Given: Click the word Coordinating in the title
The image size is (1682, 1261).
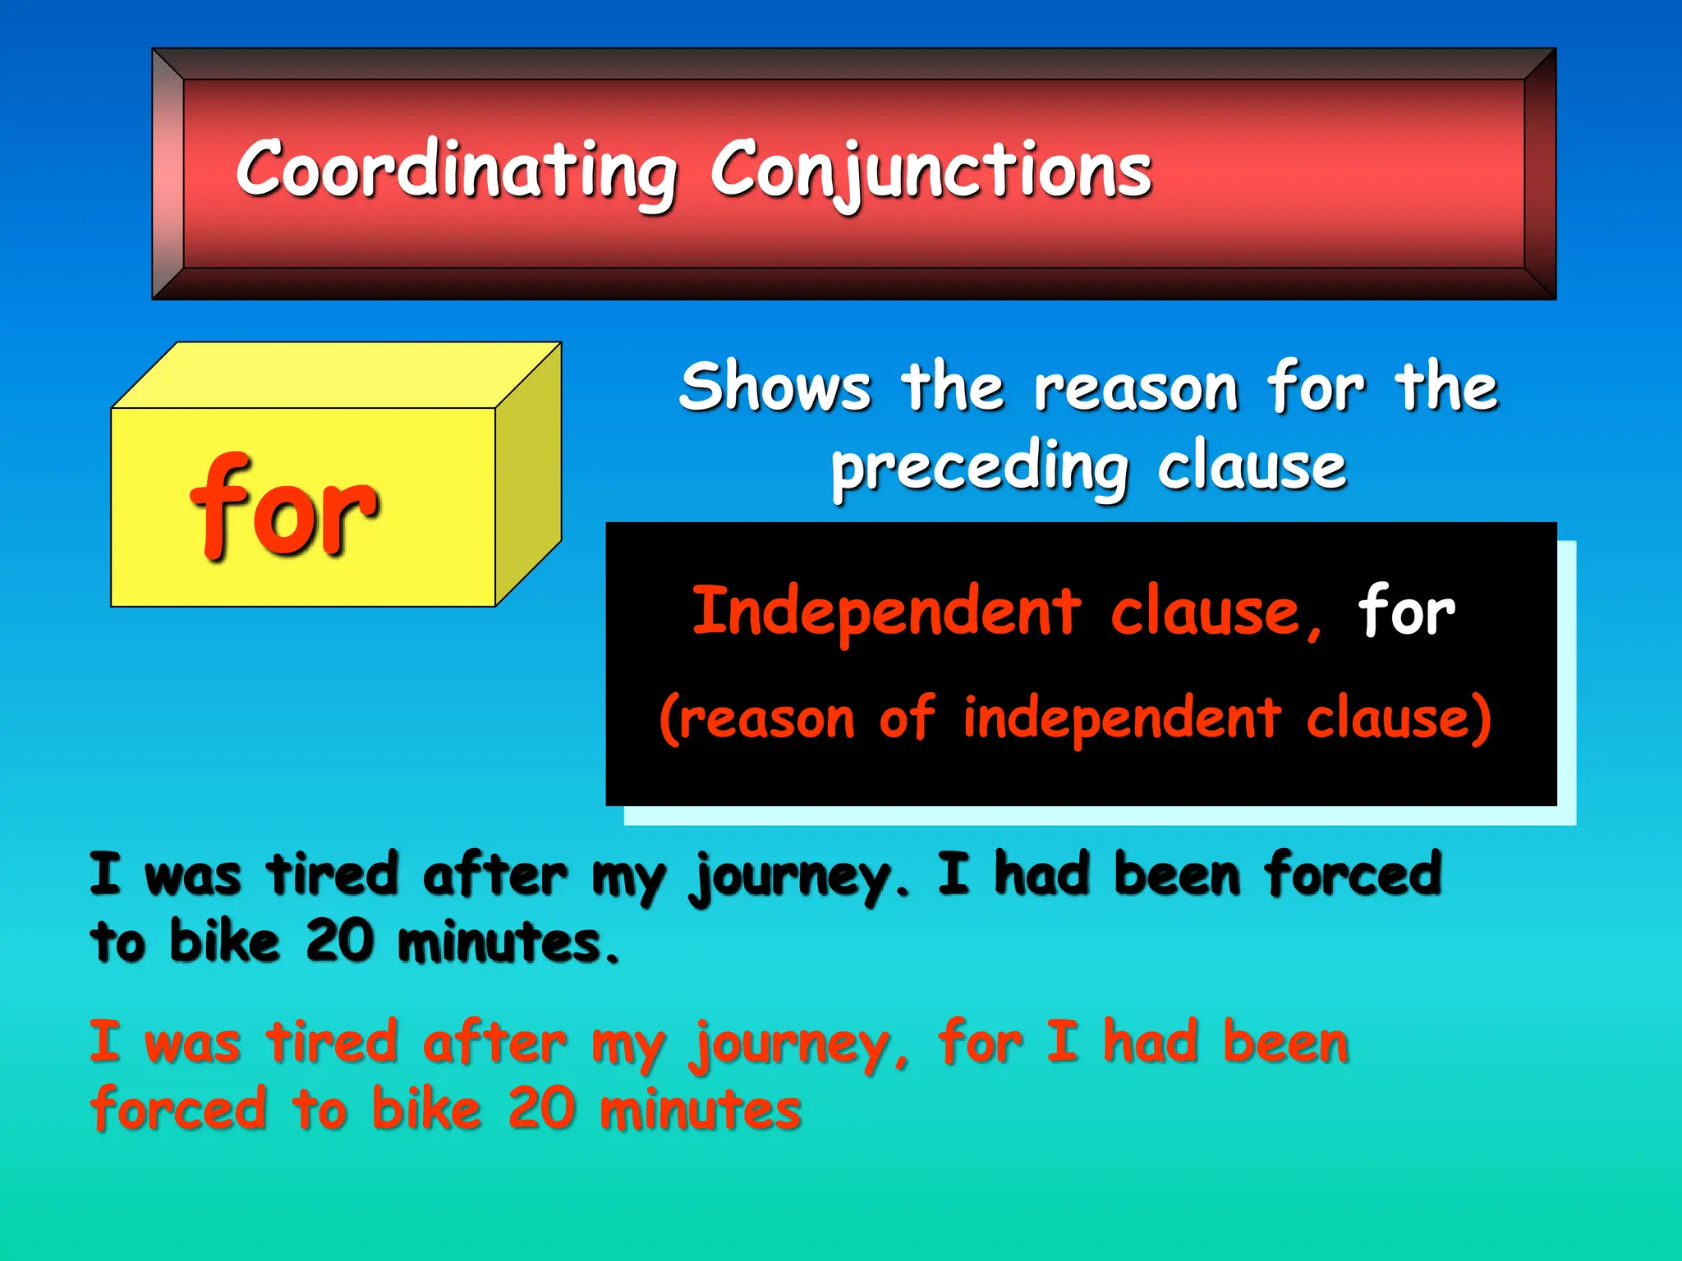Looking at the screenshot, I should pos(456,170).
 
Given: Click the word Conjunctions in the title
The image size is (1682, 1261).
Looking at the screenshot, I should pos(931,170).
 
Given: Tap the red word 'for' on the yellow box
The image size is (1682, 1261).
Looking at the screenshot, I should pos(283,507).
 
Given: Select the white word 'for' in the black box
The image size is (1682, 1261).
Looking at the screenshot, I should pos(1406,612).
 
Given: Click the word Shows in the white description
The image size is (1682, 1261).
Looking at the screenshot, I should pos(774,387).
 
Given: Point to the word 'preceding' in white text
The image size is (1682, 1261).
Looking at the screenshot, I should pos(979,468).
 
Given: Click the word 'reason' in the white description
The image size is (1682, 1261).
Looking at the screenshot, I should pos(1135,387).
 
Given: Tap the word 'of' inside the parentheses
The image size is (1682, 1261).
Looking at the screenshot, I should pos(907,718).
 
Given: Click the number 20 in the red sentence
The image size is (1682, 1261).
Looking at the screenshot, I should pos(542,1109).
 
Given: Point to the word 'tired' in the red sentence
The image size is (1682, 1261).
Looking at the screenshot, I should pos(333,1043).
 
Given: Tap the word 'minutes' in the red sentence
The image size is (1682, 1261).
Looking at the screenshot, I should pos(700,1109).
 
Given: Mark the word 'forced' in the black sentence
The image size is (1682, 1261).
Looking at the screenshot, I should pos(1353,874).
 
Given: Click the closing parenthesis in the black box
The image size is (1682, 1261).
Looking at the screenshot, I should pos(1482,719).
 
